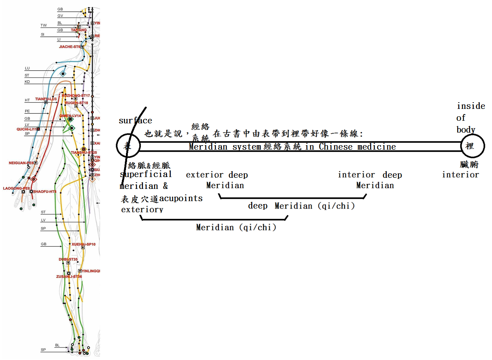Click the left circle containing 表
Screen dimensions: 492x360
tap(128, 146)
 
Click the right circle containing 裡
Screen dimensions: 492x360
tap(472, 146)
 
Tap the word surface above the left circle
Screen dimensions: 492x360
tap(135, 121)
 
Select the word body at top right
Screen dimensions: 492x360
tap(466, 130)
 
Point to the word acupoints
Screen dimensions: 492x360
tap(181, 199)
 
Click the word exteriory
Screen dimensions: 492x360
tap(142, 210)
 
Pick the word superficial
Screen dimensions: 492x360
tap(146, 174)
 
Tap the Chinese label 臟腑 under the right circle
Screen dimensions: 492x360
tap(469, 164)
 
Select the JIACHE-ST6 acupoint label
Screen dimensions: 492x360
tap(69, 47)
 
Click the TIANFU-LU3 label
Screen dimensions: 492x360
tap(46, 99)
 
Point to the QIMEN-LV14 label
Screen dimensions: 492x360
tap(70, 116)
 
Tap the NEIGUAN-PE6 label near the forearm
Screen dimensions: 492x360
tap(21, 163)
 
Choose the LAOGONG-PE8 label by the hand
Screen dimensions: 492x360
tap(16, 188)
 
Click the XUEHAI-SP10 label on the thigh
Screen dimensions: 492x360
tap(83, 244)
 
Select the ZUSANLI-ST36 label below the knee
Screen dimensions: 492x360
tap(69, 276)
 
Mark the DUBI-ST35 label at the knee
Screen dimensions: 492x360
tap(68, 259)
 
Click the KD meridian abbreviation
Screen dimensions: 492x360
tap(27, 82)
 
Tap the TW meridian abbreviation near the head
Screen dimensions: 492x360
tap(44, 26)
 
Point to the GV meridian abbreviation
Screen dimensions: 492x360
tap(60, 16)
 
